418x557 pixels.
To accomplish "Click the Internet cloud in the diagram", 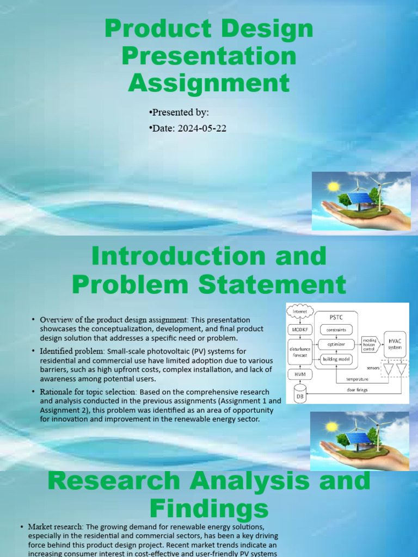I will point(300,312).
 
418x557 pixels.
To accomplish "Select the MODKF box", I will point(300,330).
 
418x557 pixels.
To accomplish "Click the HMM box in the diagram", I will point(300,375).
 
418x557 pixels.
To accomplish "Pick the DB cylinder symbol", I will point(300,394).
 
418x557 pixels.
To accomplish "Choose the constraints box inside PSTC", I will point(336,330).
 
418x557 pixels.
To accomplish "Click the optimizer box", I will point(336,344).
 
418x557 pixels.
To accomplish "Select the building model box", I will point(336,359).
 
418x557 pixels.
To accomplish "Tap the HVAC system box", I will point(395,343).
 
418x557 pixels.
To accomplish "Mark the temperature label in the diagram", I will point(357,379).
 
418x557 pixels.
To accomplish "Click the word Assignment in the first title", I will point(209,84).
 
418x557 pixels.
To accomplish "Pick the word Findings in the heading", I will point(209,509).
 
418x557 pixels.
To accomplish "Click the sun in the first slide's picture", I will point(333,187).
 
